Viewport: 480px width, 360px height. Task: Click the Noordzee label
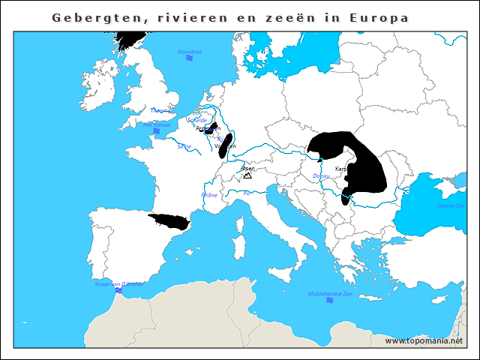click(190, 52)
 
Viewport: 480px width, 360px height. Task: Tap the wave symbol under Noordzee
click(190, 58)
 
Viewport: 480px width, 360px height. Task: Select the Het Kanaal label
click(156, 124)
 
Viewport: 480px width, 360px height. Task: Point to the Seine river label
click(184, 146)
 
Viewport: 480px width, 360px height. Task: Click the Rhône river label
click(209, 195)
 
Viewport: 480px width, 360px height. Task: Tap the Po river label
click(247, 193)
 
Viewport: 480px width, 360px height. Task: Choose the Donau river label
click(320, 176)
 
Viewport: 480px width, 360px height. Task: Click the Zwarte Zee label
click(451, 205)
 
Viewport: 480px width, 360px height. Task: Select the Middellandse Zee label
click(330, 293)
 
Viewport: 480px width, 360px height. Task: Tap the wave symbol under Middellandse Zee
click(330, 301)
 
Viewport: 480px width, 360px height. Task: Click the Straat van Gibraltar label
click(118, 284)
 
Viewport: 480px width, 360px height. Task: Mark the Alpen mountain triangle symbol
click(247, 175)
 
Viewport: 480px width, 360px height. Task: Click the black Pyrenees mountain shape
click(169, 222)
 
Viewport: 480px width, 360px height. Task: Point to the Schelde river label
click(197, 120)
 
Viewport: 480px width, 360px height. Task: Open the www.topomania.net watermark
click(424, 341)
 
